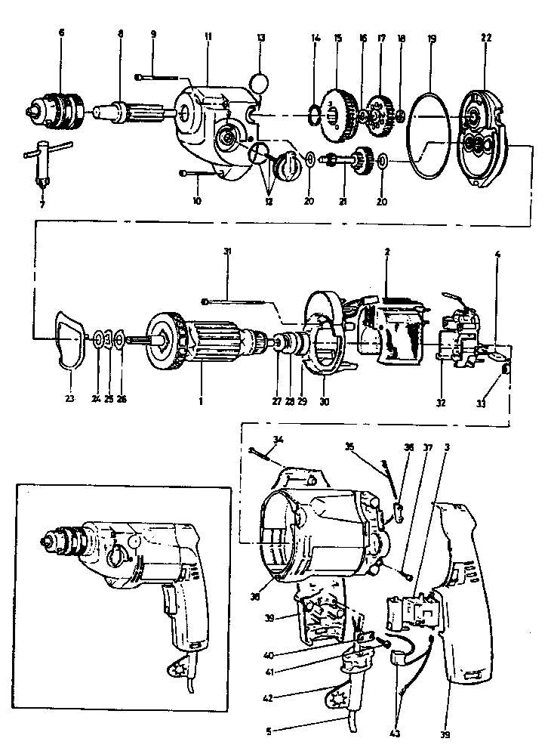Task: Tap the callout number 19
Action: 431,36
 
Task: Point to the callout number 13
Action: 261,36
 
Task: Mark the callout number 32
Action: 440,402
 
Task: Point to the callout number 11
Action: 208,36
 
